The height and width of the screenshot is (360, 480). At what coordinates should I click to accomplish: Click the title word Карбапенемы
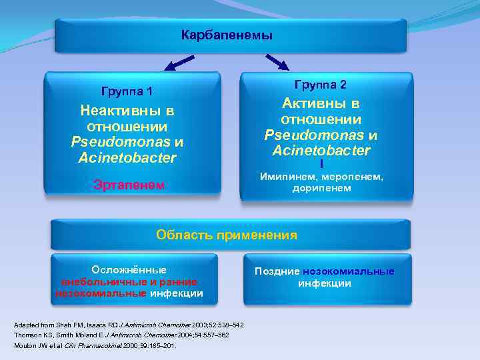pos(227,35)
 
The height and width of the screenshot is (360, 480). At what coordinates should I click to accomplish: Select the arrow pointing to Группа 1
pos(179,63)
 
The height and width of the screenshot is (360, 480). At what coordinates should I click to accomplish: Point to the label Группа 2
pos(321,85)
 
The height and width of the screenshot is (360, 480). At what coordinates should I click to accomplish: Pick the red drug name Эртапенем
pos(129,185)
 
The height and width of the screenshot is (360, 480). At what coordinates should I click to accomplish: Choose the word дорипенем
pos(321,189)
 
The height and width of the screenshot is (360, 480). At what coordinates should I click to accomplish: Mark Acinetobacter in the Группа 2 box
pos(321,151)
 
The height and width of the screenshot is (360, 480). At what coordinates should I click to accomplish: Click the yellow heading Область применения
pos(227,235)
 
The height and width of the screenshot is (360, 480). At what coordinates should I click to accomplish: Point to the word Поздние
pos(277,271)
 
